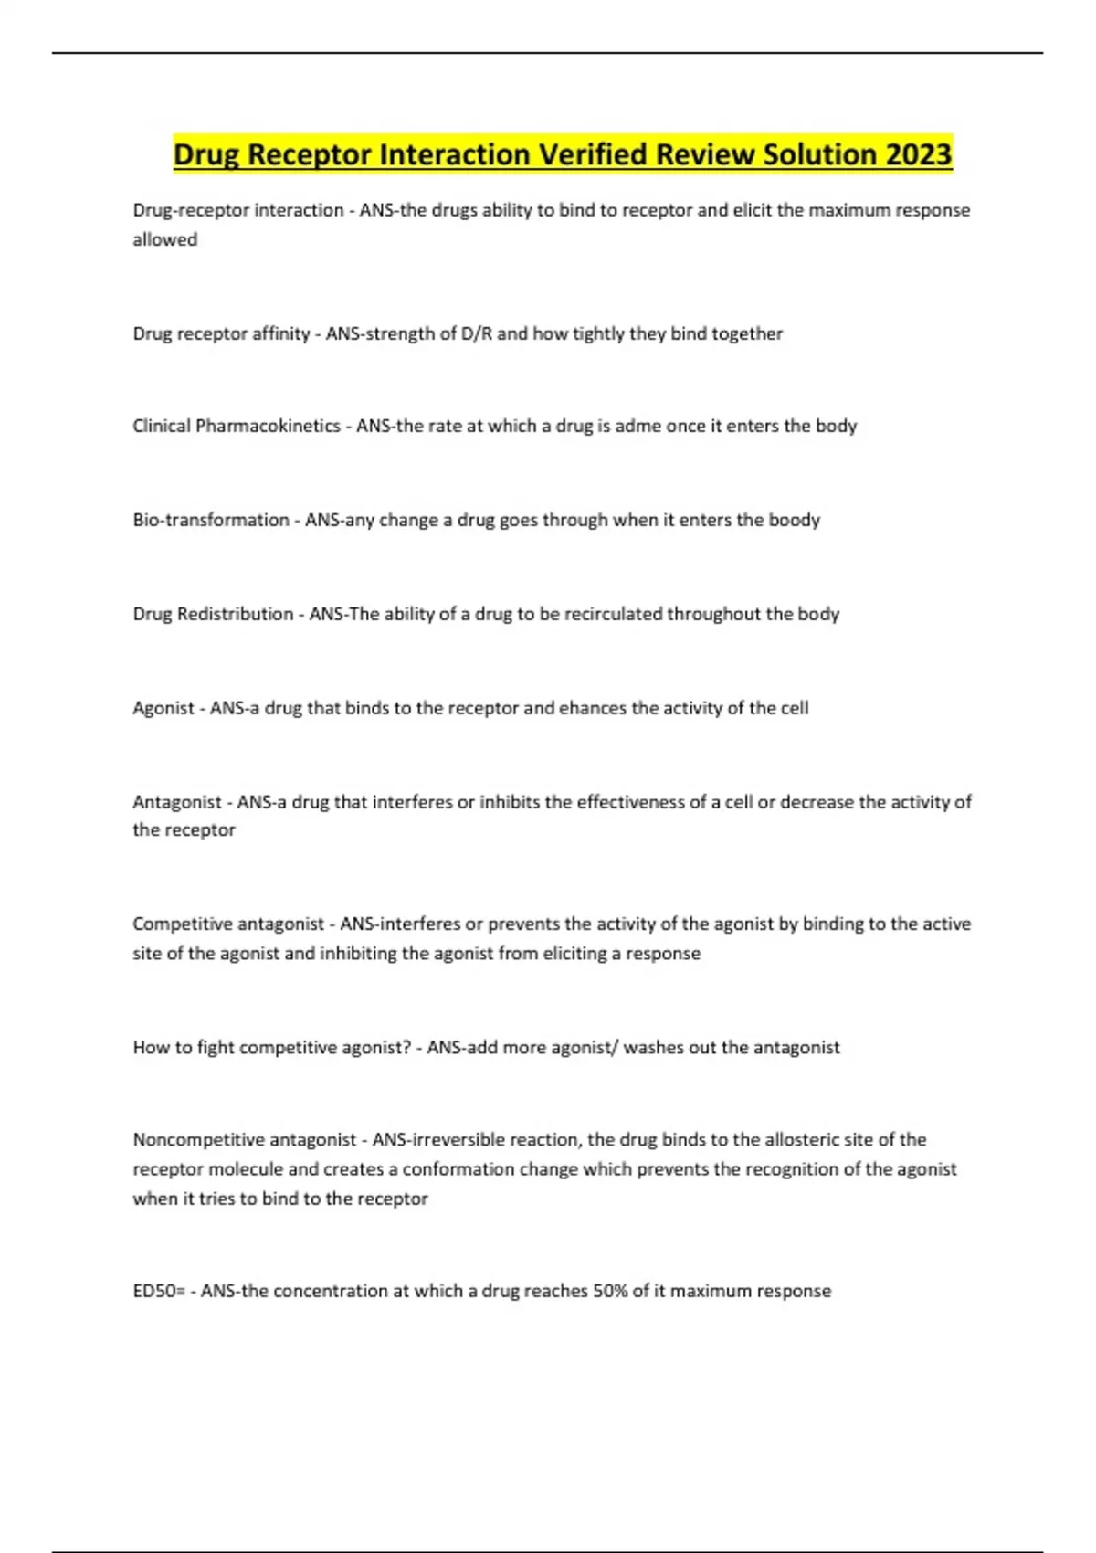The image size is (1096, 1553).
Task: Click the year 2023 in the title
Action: [917, 154]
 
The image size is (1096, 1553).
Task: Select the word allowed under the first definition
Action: [165, 239]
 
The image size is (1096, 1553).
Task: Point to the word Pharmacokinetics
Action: [268, 426]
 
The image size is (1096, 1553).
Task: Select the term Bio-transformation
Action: [211, 520]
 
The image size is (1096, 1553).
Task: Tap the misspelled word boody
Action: [794, 520]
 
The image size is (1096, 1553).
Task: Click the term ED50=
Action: [159, 1291]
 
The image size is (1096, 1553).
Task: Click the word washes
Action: [654, 1047]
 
